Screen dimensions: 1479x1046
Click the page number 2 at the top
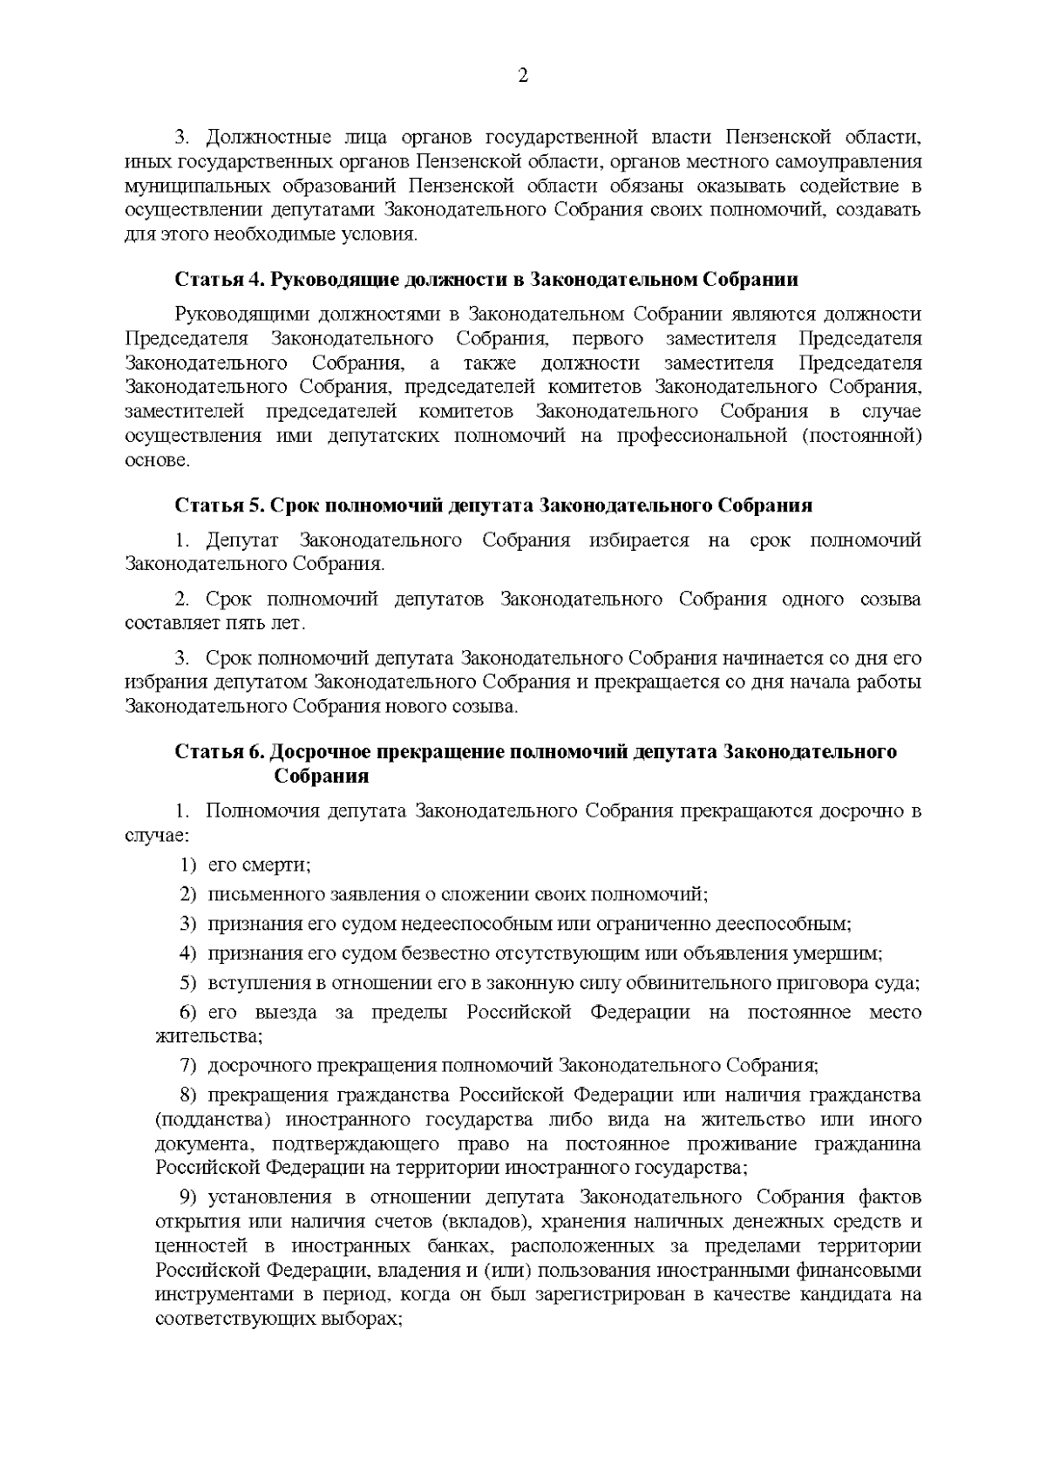[523, 76]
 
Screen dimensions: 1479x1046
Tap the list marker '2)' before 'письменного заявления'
[189, 894]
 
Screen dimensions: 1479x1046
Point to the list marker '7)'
[189, 1065]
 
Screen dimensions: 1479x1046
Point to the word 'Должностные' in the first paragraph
[260, 138]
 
